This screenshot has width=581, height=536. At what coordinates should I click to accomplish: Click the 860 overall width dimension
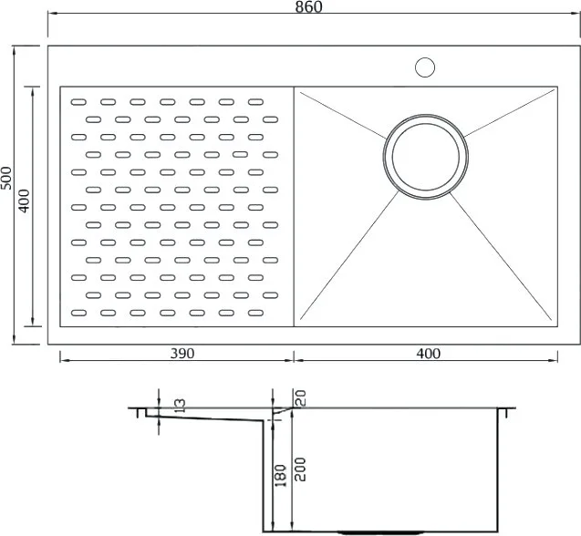pyautogui.click(x=308, y=7)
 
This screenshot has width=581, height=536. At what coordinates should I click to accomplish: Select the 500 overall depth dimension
pyautogui.click(x=6, y=178)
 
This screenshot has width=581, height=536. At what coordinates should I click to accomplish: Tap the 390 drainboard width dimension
pyautogui.click(x=182, y=354)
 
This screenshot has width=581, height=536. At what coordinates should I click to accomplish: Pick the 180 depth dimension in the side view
pyautogui.click(x=281, y=476)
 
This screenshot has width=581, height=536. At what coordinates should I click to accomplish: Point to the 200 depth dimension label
pyautogui.click(x=300, y=469)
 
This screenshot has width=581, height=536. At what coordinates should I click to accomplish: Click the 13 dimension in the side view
pyautogui.click(x=180, y=406)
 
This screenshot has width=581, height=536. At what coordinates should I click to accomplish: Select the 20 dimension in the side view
pyautogui.click(x=300, y=398)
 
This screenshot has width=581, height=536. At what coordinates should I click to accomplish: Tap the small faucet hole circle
pyautogui.click(x=425, y=67)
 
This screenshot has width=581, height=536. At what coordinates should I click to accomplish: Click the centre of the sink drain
pyautogui.click(x=426, y=157)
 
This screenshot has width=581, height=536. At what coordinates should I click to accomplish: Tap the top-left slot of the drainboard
pyautogui.click(x=78, y=102)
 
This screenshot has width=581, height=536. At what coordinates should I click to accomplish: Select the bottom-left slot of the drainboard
pyautogui.click(x=78, y=313)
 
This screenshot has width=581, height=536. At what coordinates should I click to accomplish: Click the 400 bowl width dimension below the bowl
pyautogui.click(x=429, y=354)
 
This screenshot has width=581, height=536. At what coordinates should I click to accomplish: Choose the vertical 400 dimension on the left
pyautogui.click(x=24, y=201)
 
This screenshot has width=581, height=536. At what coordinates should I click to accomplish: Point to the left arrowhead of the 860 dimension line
pyautogui.click(x=52, y=14)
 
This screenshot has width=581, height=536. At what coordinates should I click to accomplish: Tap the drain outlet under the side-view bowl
pyautogui.click(x=380, y=532)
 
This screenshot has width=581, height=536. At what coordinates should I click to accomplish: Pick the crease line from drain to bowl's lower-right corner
pyautogui.click(x=501, y=256)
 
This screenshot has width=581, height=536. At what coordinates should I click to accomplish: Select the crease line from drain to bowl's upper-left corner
pyautogui.click(x=343, y=115)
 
